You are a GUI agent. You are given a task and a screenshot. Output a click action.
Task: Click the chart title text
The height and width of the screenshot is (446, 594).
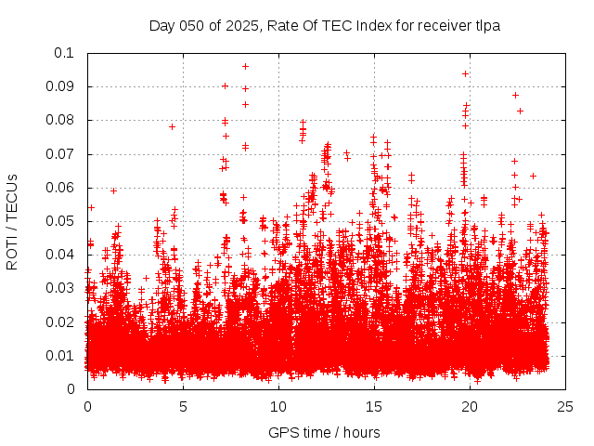[x=324, y=25]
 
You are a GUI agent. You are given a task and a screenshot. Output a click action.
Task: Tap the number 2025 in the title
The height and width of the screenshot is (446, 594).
[x=240, y=25]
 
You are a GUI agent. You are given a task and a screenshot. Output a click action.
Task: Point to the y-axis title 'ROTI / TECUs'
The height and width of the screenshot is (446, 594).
[x=12, y=221]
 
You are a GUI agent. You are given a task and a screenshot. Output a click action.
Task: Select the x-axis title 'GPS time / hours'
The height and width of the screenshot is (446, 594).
[x=324, y=432]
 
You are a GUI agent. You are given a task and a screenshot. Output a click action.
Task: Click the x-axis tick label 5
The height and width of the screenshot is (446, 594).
[x=183, y=406]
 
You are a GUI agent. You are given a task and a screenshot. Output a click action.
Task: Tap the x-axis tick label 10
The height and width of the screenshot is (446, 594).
[x=278, y=406]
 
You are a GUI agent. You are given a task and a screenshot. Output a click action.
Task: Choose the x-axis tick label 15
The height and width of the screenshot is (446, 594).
[x=374, y=406]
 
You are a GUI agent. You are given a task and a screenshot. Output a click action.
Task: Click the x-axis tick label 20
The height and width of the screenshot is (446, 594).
[x=470, y=406]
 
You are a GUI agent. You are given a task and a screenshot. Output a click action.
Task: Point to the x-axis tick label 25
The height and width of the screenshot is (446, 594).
[x=565, y=406]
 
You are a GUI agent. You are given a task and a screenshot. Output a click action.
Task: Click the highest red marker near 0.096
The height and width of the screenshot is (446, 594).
[x=245, y=66]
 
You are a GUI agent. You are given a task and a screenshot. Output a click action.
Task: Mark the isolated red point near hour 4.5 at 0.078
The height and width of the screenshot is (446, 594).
[x=173, y=126]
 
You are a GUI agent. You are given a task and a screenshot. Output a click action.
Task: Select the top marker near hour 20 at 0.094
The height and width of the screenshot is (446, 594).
[x=465, y=73]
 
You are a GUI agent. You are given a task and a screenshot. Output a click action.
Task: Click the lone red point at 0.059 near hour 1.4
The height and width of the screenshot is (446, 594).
[x=113, y=190]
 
